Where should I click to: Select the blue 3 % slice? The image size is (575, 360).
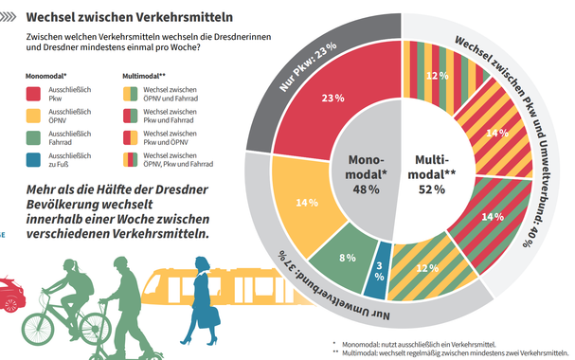tap(378, 271)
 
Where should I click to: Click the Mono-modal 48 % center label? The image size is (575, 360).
tap(366, 174)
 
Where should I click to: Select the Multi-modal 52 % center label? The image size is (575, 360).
tap(432, 174)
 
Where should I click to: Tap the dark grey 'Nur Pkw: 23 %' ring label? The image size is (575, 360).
tap(307, 66)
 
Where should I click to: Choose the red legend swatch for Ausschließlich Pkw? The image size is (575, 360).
tap(33, 94)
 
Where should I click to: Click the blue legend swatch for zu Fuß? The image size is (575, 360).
tap(33, 160)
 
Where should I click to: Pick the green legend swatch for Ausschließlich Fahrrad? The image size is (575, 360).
tap(33, 137)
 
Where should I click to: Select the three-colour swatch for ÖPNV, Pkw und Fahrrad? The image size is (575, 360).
tap(130, 160)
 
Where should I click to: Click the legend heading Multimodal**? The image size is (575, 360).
tap(144, 76)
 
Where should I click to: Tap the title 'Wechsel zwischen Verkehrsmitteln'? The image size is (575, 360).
tap(130, 17)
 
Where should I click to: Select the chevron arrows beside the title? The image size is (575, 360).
tap(9, 17)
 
